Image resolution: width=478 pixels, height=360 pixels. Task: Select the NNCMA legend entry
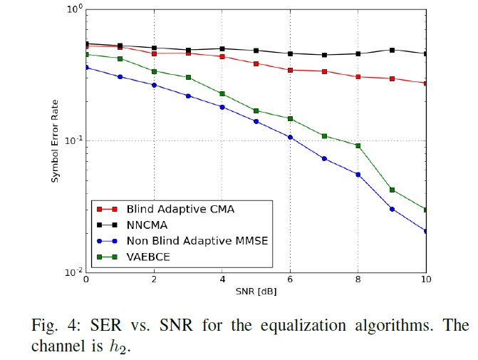tap(146, 225)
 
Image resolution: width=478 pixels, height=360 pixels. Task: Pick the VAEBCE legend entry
tap(147, 257)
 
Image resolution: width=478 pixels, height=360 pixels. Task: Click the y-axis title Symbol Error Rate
tap(56, 140)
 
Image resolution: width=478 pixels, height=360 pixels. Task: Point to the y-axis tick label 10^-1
tap(73, 140)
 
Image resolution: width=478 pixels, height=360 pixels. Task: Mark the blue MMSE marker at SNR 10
tap(426, 231)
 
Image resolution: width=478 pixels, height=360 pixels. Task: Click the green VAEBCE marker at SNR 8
tap(358, 145)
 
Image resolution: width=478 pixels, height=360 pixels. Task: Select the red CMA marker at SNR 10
tap(426, 83)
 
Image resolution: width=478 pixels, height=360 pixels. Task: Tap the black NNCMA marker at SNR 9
tap(392, 50)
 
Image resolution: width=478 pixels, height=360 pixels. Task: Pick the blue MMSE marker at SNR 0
tap(86, 68)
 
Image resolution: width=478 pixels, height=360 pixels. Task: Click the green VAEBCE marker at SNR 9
tap(392, 190)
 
